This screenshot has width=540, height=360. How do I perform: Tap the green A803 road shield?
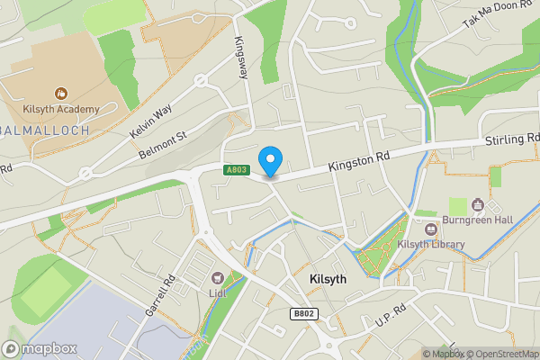tap(236, 169)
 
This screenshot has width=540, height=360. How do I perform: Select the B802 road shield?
tap(303, 314)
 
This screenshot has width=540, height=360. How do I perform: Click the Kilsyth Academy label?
tap(61, 109)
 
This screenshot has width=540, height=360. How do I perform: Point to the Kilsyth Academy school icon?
tap(61, 93)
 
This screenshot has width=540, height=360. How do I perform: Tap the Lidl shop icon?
tap(216, 278)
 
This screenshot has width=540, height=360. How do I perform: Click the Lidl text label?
tap(216, 293)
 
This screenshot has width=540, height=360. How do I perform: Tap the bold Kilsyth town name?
tap(328, 279)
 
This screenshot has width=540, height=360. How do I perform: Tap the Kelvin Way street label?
tap(151, 120)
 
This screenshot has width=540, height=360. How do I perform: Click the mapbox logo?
tap(40, 348)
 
